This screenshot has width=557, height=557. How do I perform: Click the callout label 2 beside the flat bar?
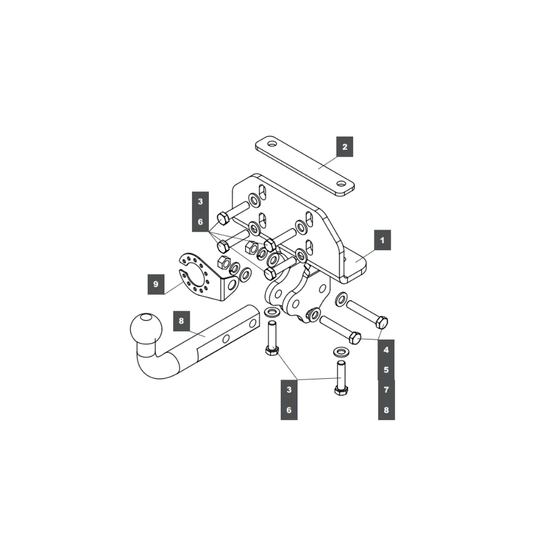click(345, 147)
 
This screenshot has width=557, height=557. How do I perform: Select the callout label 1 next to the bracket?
click(382, 241)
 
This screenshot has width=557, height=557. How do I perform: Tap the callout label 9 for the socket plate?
click(155, 284)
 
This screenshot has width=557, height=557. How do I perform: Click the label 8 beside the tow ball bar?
click(181, 320)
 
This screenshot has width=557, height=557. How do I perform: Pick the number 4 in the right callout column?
click(385, 350)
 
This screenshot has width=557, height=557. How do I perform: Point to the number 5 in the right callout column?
click(385, 369)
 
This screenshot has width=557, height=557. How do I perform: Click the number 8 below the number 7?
click(385, 411)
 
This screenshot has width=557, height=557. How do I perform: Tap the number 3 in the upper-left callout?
click(200, 202)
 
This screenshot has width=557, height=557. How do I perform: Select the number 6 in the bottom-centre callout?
click(289, 411)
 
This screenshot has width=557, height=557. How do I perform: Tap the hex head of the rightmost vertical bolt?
click(341, 389)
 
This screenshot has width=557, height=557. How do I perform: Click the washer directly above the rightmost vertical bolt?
click(339, 352)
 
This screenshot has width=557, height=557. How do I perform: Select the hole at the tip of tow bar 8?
click(253, 323)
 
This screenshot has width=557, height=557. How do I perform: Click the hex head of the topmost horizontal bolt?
click(222, 218)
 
